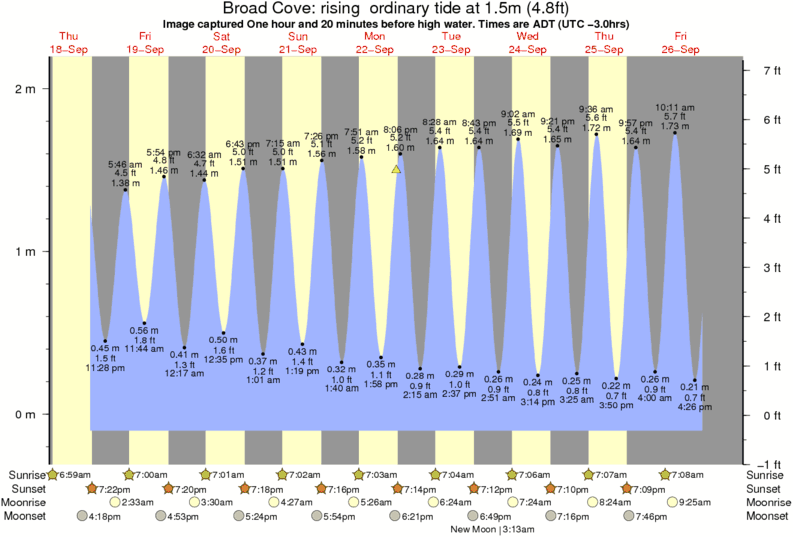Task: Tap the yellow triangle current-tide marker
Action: pyautogui.click(x=396, y=170)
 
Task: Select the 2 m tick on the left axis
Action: pyautogui.click(x=25, y=89)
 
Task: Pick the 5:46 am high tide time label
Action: pyautogui.click(x=125, y=163)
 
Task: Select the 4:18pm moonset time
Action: pyautogui.click(x=103, y=516)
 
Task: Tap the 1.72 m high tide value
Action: pyautogui.click(x=596, y=129)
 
